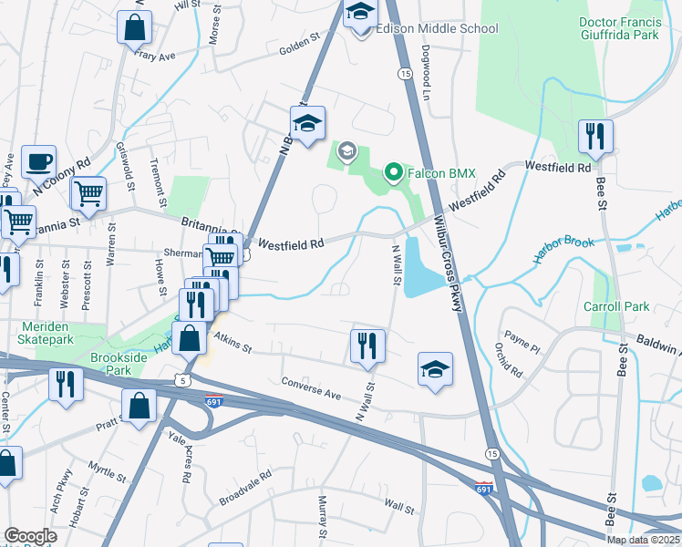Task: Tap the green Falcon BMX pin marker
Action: [x=394, y=170]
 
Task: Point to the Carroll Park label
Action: [x=616, y=306]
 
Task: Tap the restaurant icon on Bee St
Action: [x=595, y=137]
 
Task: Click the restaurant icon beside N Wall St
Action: [x=367, y=346]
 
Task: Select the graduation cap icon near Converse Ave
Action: [x=435, y=369]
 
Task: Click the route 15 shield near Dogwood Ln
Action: [x=401, y=75]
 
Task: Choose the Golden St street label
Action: [x=301, y=43]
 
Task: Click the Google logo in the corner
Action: [x=29, y=536]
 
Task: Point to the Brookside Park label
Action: [x=119, y=365]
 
